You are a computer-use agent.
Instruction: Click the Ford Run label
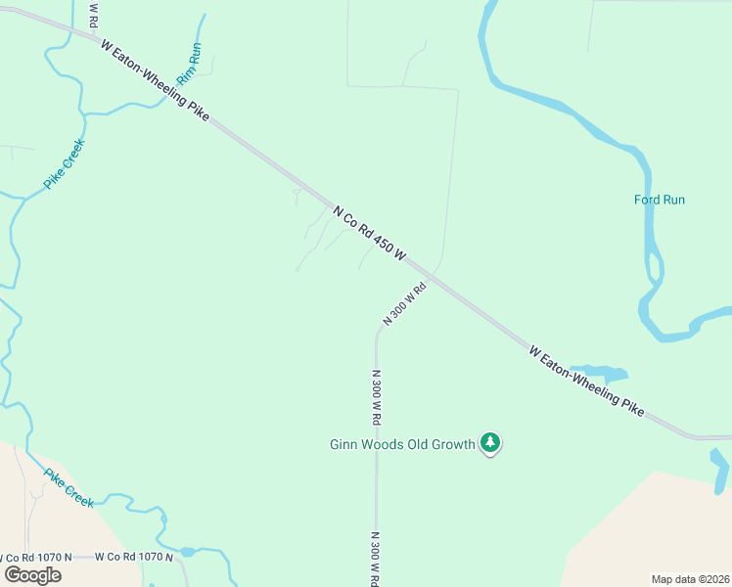click(x=660, y=200)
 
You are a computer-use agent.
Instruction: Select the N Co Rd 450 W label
click(x=369, y=232)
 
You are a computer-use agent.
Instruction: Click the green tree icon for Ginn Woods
click(x=491, y=444)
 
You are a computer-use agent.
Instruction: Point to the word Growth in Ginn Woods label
click(x=454, y=444)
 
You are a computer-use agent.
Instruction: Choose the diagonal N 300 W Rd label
click(x=406, y=303)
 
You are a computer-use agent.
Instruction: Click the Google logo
click(x=33, y=574)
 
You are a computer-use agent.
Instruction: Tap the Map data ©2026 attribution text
click(x=691, y=579)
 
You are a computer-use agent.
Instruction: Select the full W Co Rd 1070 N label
click(x=134, y=557)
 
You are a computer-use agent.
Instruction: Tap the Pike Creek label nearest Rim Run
click(x=65, y=164)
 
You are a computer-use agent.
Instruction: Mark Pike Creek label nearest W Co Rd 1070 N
click(x=69, y=487)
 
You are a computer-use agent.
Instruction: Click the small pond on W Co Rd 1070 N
click(x=187, y=553)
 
